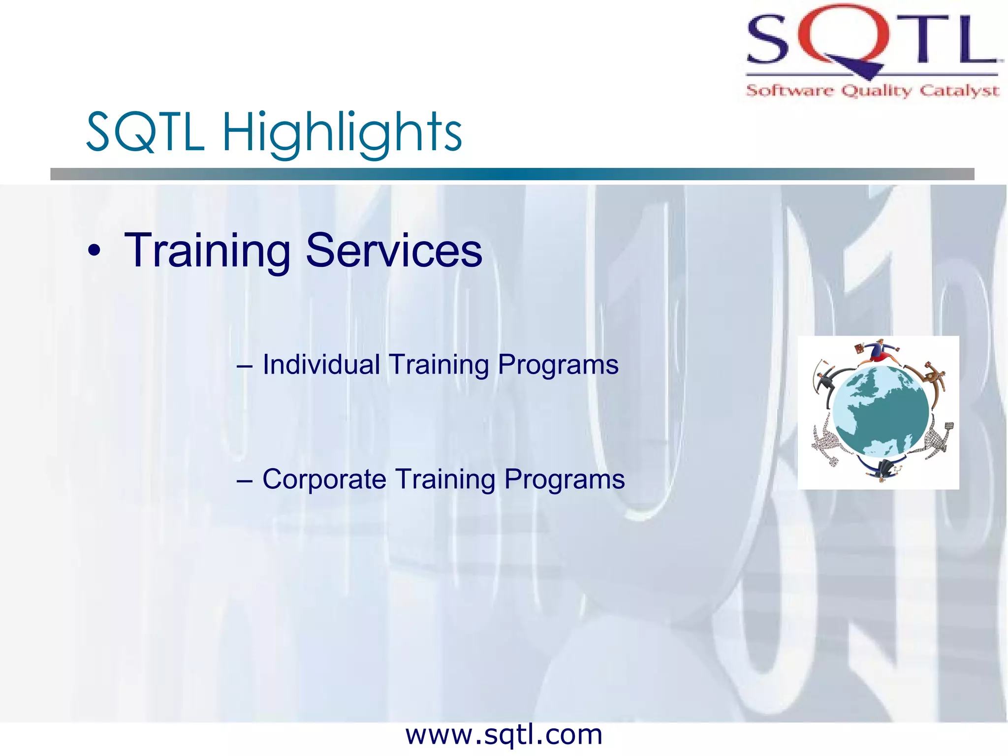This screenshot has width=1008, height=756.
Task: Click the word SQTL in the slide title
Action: coord(145,132)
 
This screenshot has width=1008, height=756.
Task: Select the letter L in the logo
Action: coord(977,39)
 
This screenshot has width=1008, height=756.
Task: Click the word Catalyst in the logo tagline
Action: coord(959,91)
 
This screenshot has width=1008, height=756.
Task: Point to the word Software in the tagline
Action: coord(789,91)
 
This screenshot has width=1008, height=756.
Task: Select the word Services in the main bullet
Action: coord(394,251)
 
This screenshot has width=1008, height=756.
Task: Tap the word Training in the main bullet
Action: coord(207,252)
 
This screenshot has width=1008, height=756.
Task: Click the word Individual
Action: coord(321,365)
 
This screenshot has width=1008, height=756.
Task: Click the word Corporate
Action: coord(324,479)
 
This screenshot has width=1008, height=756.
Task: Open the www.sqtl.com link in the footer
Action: coord(504,735)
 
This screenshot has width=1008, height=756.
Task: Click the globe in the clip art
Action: coord(881,411)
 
